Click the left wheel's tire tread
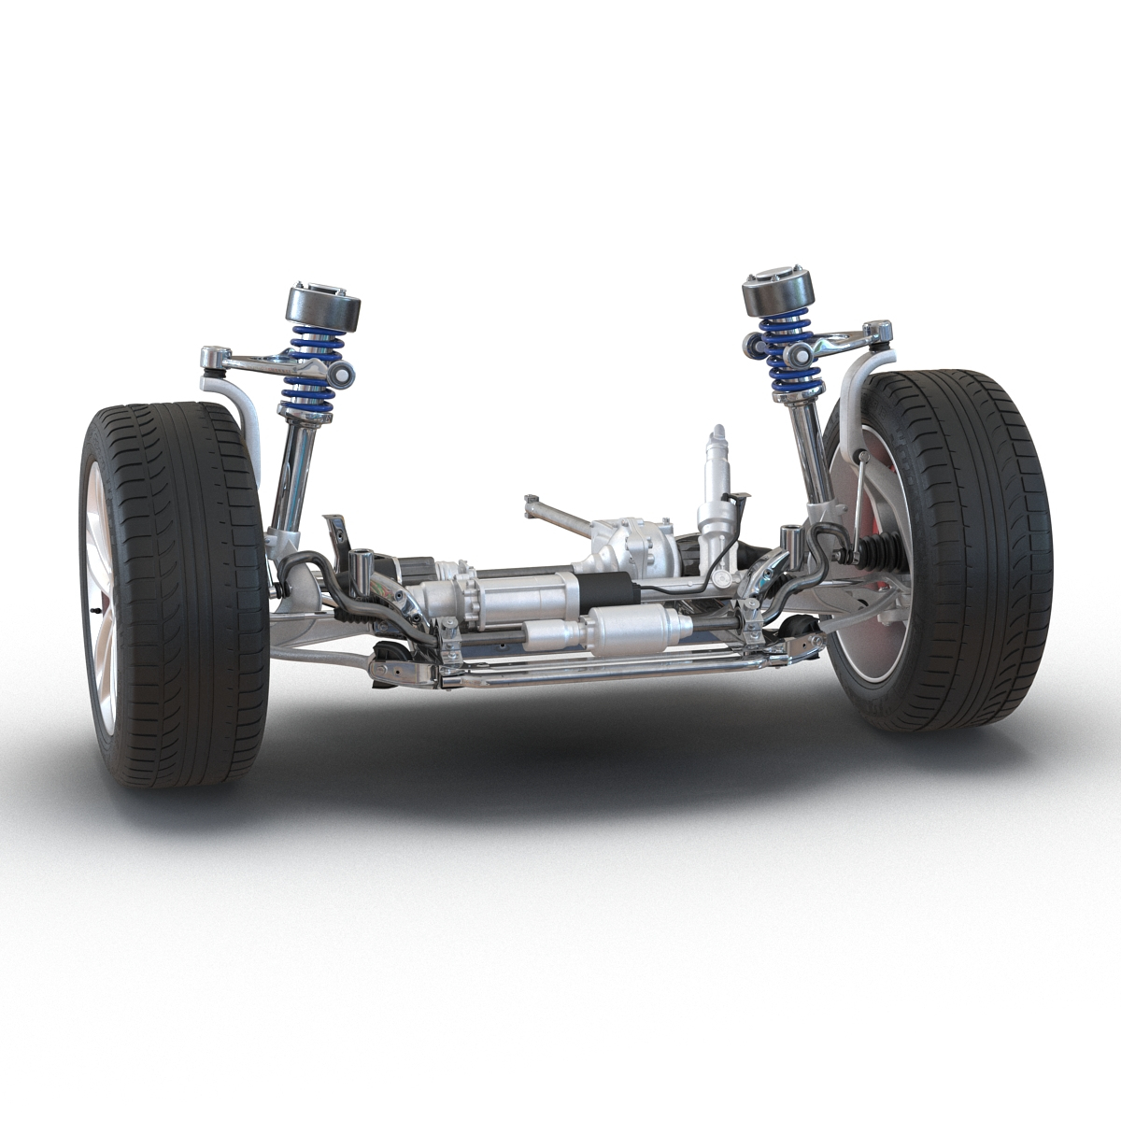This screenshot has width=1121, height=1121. (187, 598)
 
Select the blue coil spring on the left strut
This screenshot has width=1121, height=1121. (313, 369)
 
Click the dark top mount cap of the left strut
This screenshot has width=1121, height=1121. (322, 308)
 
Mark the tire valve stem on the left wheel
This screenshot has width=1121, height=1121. (97, 609)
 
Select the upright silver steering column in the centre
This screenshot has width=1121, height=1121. (716, 495)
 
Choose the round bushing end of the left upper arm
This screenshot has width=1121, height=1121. (344, 376)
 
